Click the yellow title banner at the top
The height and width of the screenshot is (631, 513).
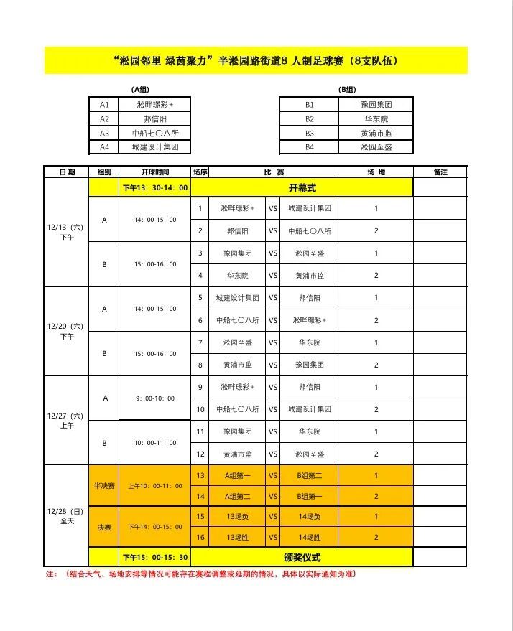tap(256, 61)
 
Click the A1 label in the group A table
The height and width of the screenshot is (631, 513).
tap(104, 105)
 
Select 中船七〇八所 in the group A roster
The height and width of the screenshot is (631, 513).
tap(154, 134)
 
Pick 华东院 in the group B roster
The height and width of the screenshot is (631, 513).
tap(376, 119)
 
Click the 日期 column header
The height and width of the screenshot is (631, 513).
tap(66, 172)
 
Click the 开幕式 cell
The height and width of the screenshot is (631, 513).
tap(302, 187)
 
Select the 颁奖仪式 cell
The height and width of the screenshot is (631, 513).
tap(302, 557)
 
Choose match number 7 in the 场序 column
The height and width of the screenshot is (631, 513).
tap(200, 342)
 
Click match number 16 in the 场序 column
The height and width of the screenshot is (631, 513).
tap(200, 537)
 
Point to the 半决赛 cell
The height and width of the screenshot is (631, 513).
tap(104, 486)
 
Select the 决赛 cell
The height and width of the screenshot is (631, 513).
tap(104, 527)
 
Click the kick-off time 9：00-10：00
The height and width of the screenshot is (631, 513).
tap(154, 398)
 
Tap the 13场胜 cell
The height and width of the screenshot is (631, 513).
tap(237, 537)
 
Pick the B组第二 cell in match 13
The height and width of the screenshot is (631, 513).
tap(310, 475)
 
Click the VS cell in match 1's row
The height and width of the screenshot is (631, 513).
tap(273, 208)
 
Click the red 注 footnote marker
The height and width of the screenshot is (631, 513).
tap(51, 574)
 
